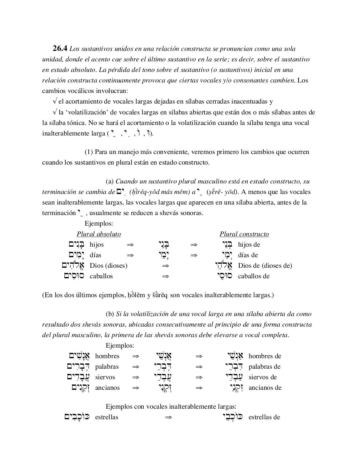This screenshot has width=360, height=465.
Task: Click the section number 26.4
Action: (x=60, y=48)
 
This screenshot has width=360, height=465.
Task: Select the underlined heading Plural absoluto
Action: (x=99, y=234)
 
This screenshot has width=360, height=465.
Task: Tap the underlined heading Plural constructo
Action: (x=244, y=234)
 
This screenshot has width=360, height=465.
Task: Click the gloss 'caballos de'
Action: (x=254, y=276)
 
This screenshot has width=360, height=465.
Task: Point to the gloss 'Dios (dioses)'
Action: (x=108, y=266)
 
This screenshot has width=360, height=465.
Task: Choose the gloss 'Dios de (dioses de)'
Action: (x=265, y=266)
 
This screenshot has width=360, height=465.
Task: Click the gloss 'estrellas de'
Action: (x=264, y=417)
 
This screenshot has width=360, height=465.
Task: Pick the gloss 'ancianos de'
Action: (x=265, y=388)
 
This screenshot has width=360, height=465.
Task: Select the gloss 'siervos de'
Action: (x=263, y=377)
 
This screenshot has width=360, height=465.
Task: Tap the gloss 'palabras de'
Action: (x=264, y=367)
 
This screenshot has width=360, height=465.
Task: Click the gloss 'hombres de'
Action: (x=265, y=356)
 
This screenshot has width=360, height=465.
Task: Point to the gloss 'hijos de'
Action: (x=249, y=244)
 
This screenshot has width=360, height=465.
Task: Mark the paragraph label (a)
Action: (x=110, y=181)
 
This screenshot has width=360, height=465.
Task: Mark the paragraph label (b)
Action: (x=110, y=314)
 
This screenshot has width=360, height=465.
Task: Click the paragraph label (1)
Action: (x=89, y=152)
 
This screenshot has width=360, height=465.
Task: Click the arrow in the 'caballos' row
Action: (x=165, y=276)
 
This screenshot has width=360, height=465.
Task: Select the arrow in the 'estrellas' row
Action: (x=168, y=417)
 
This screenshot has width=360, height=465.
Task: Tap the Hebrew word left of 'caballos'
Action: (x=74, y=276)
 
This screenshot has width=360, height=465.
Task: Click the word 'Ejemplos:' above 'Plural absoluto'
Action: (x=99, y=224)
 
